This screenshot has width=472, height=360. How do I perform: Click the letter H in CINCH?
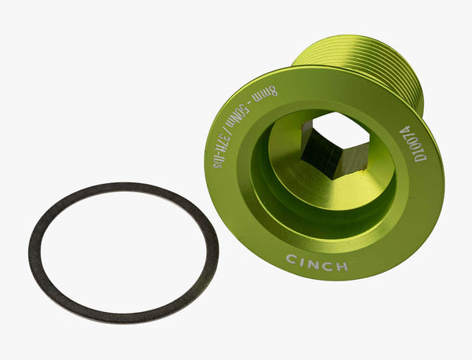tap(341, 266)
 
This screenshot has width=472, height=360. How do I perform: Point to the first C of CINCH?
tap(291, 259)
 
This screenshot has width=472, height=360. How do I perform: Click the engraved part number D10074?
tap(411, 144)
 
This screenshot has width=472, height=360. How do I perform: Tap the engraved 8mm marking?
tap(264, 94)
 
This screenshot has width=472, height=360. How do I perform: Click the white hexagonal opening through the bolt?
tap(340, 130)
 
